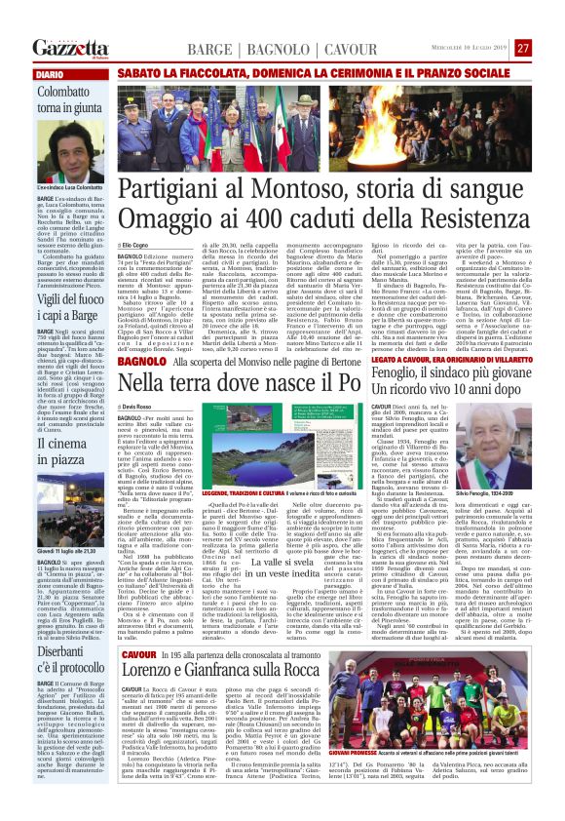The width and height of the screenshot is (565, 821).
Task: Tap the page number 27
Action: click(x=522, y=48)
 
